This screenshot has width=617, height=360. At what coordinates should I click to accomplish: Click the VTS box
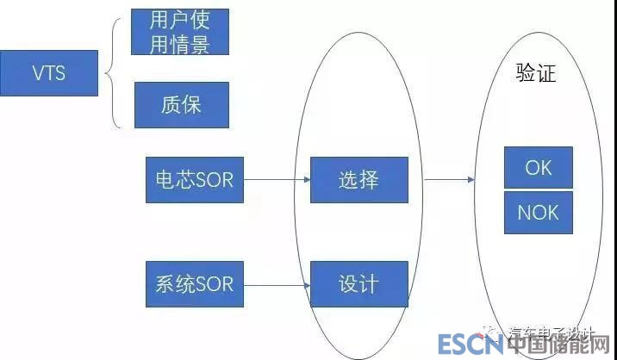pyautogui.click(x=49, y=72)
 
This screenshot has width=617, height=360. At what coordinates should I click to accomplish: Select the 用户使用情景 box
pyautogui.click(x=179, y=32)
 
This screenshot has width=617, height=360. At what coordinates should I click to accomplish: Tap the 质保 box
pyautogui.click(x=181, y=105)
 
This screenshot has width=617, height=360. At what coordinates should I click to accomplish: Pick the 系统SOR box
pyautogui.click(x=195, y=282)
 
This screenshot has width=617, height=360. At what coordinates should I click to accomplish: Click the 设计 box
pyautogui.click(x=358, y=283)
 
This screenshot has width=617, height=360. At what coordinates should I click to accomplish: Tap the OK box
pyautogui.click(x=538, y=168)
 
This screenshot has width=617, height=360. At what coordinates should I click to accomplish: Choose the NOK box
pyautogui.click(x=538, y=212)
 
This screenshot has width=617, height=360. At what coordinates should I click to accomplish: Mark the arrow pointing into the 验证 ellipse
pyautogui.click(x=448, y=180)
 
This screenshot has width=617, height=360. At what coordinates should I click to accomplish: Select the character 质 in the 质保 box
pyautogui.click(x=170, y=105)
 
